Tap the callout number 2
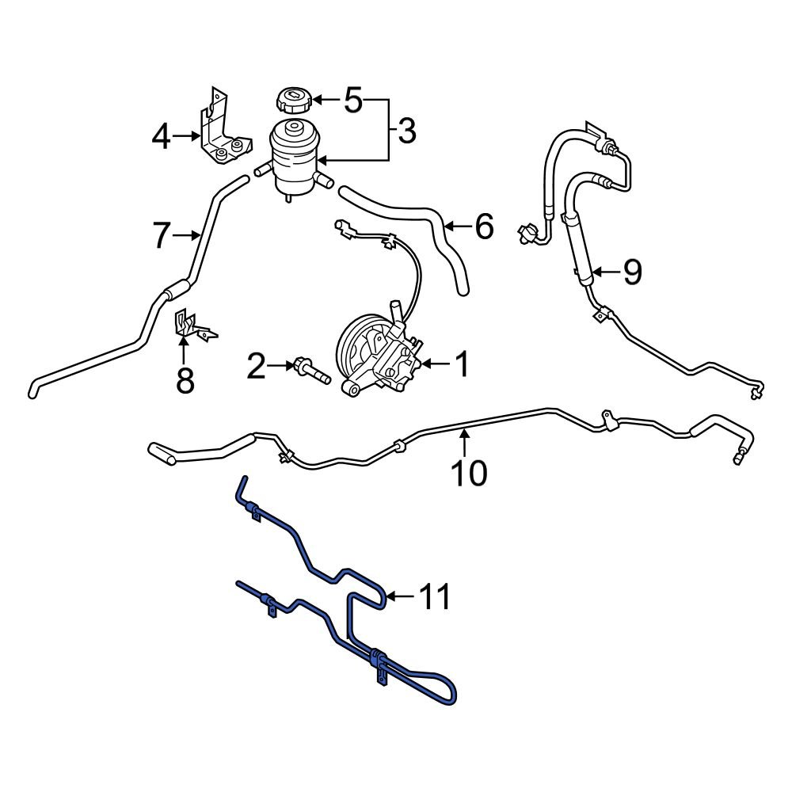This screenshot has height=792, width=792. click(256, 367)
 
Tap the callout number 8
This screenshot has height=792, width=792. click(185, 380)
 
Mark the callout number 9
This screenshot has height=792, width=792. click(631, 272)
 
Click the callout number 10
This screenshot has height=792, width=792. click(469, 472)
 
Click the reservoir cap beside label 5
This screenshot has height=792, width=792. click(291, 101)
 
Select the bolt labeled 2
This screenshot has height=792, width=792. click(309, 371)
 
